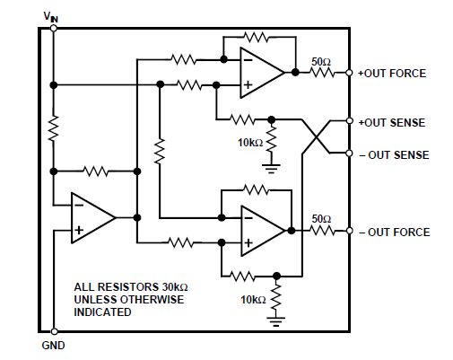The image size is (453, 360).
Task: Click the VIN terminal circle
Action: point(54,28)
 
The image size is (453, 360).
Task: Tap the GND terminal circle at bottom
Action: point(54,331)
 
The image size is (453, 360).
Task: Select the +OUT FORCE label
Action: point(392,74)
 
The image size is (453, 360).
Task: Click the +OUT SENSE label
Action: point(392,123)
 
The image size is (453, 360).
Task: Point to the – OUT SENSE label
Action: point(394,155)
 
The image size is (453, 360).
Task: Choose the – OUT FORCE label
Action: point(395,233)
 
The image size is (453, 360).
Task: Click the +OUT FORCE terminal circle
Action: point(349,73)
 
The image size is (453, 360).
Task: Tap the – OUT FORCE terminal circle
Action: point(349,231)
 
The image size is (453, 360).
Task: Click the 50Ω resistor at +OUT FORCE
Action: point(321,73)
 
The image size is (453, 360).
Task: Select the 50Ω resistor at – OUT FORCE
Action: point(321,231)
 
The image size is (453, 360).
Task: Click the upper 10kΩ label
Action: point(250,143)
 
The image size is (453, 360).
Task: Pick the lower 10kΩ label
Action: point(253,300)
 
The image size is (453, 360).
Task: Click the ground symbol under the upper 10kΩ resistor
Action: point(271,169)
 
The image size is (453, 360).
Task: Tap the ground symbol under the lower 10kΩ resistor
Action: point(276,321)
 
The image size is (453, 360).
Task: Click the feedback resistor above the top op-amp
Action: point(256,37)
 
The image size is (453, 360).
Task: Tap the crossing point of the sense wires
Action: point(317,136)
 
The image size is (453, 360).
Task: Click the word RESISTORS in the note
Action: point(128,287)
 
